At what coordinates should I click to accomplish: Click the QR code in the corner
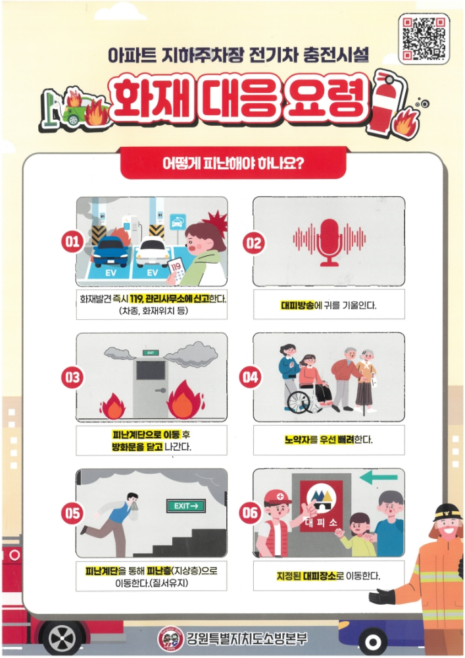click(424, 38)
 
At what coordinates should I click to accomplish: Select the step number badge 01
click(72, 241)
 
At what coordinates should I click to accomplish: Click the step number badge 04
click(249, 377)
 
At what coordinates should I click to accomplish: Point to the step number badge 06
click(249, 513)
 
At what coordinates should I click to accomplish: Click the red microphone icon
click(329, 242)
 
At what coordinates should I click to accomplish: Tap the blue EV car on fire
click(110, 251)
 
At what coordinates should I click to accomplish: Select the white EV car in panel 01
click(153, 251)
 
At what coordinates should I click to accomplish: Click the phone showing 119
click(176, 270)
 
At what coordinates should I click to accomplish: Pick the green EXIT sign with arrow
click(185, 505)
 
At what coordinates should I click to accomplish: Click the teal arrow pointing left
click(379, 476)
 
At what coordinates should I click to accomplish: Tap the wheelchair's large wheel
click(299, 402)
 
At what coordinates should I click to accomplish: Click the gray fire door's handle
click(160, 390)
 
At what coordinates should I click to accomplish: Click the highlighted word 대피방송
click(297, 305)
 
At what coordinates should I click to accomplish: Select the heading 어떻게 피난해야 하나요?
click(233, 163)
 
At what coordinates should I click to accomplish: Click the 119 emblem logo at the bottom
click(170, 639)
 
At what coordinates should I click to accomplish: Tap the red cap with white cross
click(278, 497)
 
